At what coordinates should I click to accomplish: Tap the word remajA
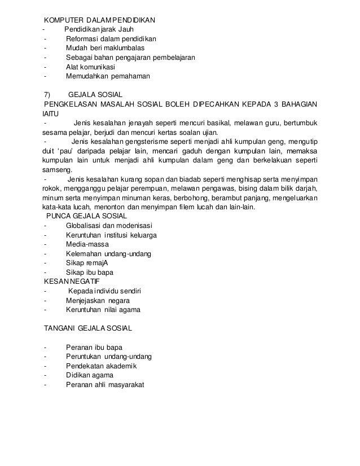point(96,262)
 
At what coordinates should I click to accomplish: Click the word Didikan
point(80,374)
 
